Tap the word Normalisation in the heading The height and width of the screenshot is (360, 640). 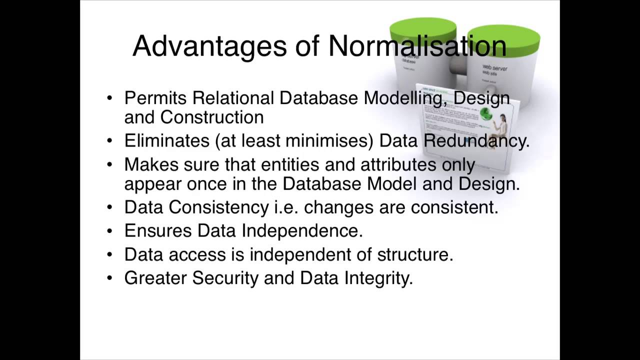point(417,46)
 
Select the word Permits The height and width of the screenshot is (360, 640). point(156,98)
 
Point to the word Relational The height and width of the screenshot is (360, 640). point(233,98)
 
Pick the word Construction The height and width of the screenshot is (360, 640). point(211,117)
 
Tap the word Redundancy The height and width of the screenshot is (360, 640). point(476,141)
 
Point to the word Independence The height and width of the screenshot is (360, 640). point(302,230)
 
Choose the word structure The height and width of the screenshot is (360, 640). point(415,254)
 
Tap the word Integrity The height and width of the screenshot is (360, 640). point(378,278)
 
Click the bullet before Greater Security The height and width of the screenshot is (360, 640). point(110,278)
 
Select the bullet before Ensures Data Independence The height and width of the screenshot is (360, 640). point(110,231)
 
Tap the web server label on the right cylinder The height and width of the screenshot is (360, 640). point(494,67)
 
